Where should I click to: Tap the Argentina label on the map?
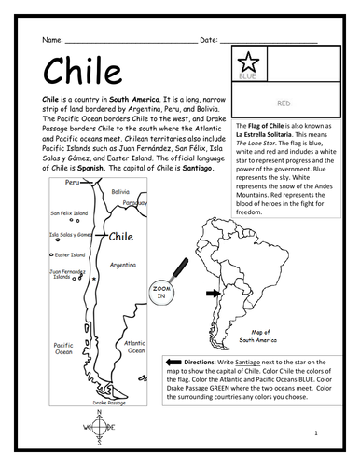(x=122, y=265)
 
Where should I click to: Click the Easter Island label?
(x=71, y=254)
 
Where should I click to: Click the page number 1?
(x=315, y=433)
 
